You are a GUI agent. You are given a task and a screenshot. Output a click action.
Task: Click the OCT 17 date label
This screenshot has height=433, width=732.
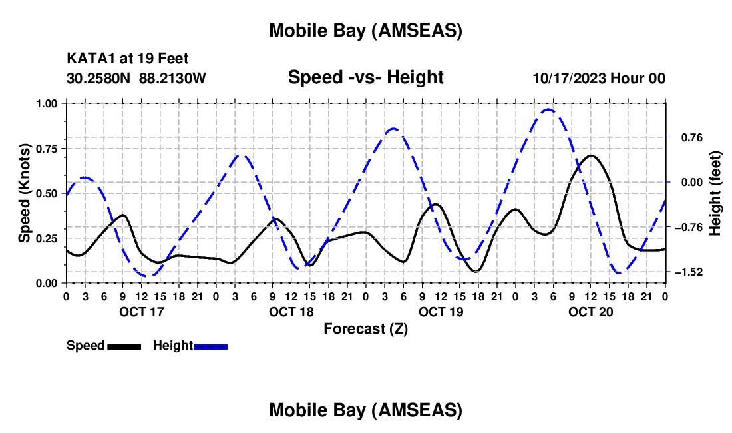click(141, 311)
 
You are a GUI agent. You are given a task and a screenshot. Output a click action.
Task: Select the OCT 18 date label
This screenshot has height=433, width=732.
click(291, 311)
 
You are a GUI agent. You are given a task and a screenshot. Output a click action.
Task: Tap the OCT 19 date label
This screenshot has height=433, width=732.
click(441, 311)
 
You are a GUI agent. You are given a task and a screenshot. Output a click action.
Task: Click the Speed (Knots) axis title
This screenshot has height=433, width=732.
click(24, 193)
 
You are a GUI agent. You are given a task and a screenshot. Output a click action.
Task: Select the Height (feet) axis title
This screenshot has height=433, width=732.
click(715, 193)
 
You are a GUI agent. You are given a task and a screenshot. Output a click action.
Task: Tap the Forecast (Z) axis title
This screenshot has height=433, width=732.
click(365, 328)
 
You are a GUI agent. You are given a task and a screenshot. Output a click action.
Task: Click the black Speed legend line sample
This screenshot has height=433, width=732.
click(124, 346)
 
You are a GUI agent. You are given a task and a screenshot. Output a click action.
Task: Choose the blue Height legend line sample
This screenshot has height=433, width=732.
click(210, 346)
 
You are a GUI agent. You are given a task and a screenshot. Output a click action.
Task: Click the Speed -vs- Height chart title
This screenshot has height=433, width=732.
click(365, 77)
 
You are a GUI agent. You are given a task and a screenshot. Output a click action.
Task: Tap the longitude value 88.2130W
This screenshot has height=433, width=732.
click(172, 78)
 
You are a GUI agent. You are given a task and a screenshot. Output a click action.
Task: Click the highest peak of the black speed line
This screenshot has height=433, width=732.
click(591, 155)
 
